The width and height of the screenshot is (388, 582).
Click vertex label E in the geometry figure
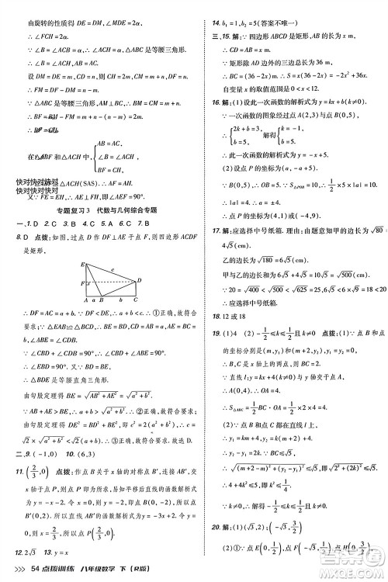click(x=81, y=264)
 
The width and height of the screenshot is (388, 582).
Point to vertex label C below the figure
click(x=137, y=300)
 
